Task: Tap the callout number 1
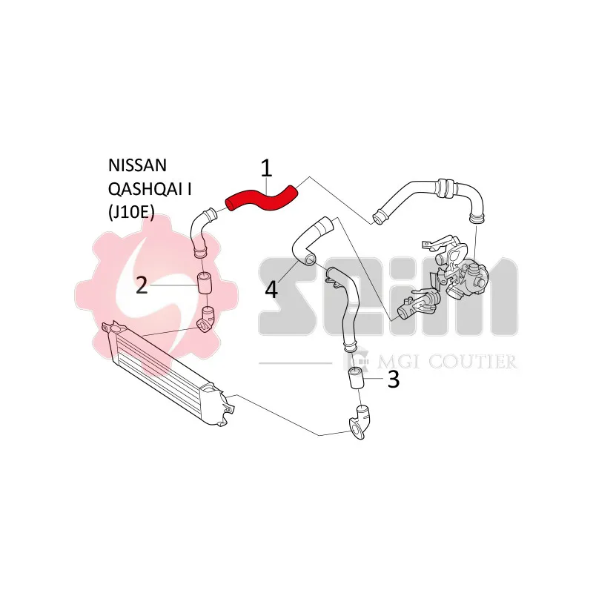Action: coord(266,168)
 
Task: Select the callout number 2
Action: coord(142,285)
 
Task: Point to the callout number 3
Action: coord(394,379)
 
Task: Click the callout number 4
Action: coord(271,290)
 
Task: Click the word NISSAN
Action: coord(137,165)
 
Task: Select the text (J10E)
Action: coord(131,213)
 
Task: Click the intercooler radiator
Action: coord(168,373)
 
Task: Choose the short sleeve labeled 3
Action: coord(356,377)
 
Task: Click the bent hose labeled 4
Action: coord(308,242)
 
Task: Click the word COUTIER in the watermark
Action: coord(472,362)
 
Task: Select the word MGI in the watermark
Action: coord(400,362)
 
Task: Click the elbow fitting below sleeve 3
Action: coord(359,422)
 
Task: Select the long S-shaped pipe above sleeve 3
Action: coord(346,306)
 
